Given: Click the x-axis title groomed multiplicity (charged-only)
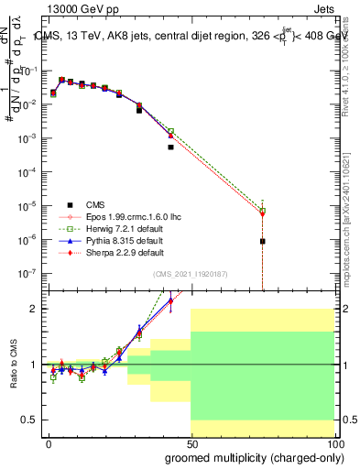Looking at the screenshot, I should [249, 456].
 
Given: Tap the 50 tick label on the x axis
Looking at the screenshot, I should [191, 443].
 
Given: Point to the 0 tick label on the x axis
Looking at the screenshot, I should [49, 443].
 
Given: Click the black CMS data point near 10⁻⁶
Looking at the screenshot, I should [262, 242].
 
